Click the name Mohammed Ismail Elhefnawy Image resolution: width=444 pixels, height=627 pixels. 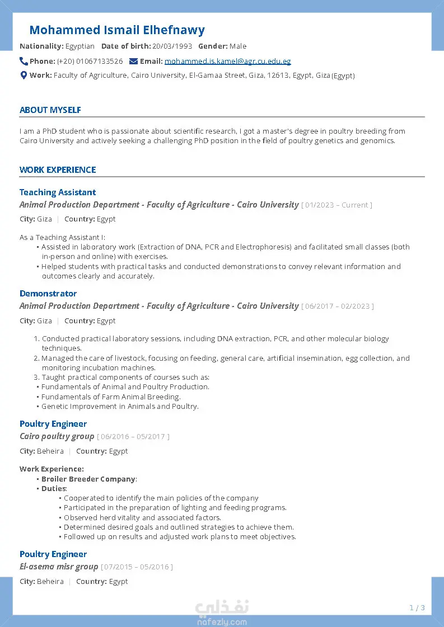click(117, 30)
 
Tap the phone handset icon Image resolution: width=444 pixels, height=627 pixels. click(24, 61)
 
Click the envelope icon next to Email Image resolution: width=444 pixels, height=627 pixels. click(133, 61)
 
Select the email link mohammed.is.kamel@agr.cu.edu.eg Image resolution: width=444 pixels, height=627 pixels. click(227, 62)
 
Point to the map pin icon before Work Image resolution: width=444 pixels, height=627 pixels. click(24, 75)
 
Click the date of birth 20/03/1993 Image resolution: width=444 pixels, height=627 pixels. click(172, 46)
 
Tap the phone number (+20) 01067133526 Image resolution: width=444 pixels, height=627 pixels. click(90, 62)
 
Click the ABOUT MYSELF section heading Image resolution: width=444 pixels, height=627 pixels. click(50, 110)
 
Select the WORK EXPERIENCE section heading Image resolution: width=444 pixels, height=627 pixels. click(58, 170)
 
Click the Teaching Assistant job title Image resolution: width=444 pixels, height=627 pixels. click(58, 192)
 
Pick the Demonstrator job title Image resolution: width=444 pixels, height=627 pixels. click(48, 294)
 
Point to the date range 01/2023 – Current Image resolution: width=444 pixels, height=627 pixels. click(336, 205)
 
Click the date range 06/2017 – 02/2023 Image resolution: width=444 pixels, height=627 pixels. click(338, 307)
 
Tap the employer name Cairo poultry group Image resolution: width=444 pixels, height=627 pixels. click(57, 436)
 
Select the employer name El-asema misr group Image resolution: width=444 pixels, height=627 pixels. click(59, 567)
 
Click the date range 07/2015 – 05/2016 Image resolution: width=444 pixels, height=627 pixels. click(137, 567)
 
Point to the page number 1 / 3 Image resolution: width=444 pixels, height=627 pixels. click(417, 608)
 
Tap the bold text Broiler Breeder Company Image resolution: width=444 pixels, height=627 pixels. click(88, 479)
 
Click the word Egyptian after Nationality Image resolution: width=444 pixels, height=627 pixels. click(80, 46)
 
